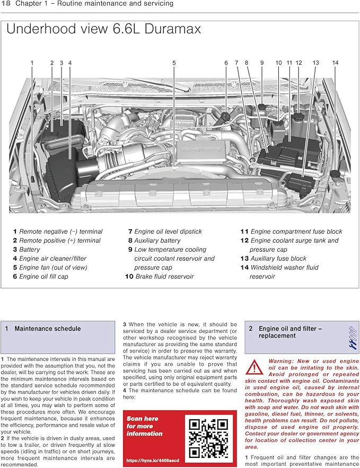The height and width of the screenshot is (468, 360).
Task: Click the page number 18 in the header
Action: click(x=6, y=5)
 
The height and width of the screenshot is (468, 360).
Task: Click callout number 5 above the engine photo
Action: click(x=174, y=63)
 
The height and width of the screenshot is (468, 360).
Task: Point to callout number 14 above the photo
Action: click(x=335, y=63)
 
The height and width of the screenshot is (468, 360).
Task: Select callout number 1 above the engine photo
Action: click(x=32, y=63)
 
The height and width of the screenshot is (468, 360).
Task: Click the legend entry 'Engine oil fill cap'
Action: click(x=43, y=276)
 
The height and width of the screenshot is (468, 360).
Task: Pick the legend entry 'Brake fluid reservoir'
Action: click(x=164, y=276)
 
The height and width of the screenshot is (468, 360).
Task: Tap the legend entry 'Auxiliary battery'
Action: click(x=157, y=240)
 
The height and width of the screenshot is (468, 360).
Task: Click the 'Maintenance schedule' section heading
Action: click(x=47, y=329)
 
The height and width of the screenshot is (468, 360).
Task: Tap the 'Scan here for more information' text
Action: click(x=145, y=426)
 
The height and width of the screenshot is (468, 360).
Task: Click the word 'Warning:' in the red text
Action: click(x=282, y=361)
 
